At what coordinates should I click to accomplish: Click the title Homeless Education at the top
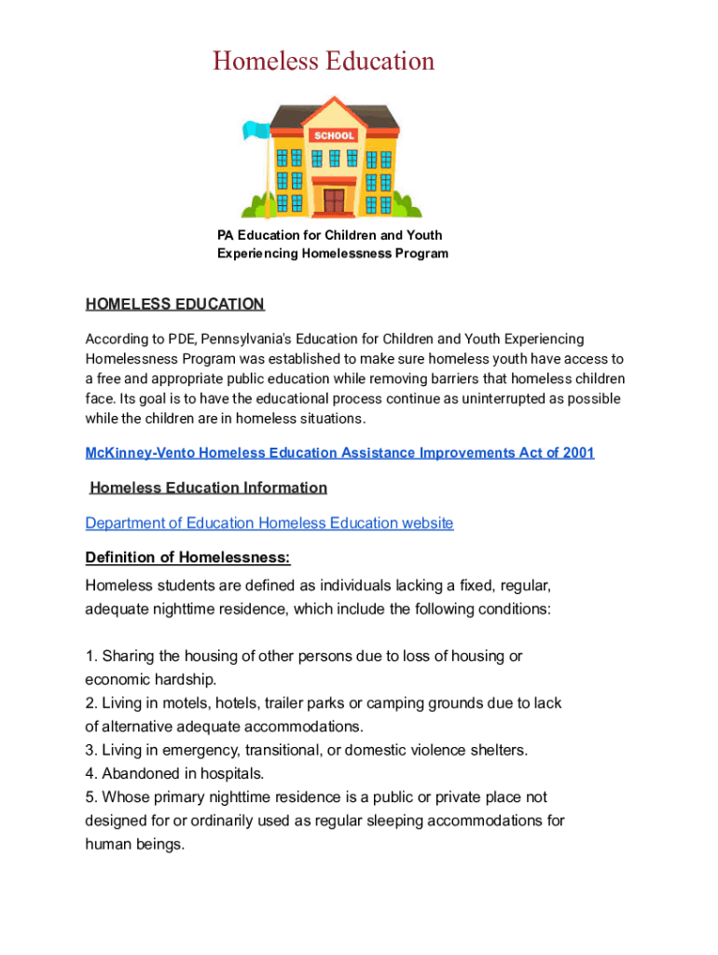tap(324, 62)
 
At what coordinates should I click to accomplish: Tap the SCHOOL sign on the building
tap(334, 136)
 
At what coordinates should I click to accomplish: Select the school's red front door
tap(334, 200)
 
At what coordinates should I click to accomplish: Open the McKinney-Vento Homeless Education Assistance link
tap(339, 453)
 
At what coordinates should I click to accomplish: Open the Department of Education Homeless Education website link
tap(269, 523)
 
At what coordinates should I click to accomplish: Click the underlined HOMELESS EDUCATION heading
tap(175, 304)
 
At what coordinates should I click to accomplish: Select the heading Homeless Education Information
tap(209, 488)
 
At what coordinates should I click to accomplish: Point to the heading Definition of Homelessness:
tap(187, 558)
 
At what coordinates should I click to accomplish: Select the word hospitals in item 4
tap(232, 773)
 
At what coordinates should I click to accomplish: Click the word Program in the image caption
tap(421, 254)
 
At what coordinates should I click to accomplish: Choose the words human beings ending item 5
tap(135, 844)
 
